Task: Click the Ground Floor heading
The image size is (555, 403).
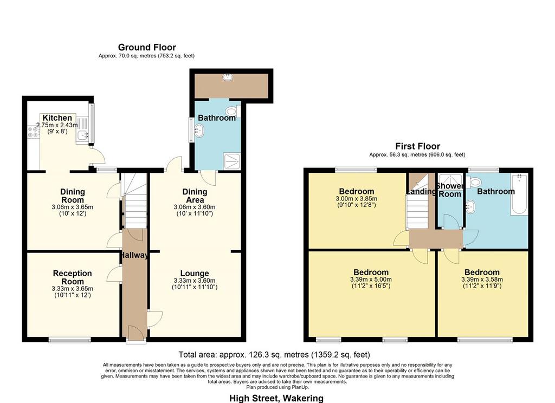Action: coord(147,47)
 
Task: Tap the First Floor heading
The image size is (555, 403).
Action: coord(418,146)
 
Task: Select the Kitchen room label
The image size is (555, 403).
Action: coord(57,118)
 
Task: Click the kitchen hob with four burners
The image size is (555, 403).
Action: coord(33,132)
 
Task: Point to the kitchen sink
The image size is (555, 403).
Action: coord(83,134)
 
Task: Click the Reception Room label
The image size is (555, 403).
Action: coord(73,277)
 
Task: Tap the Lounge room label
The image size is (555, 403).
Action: coord(195,273)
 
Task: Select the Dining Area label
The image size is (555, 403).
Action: coord(195,196)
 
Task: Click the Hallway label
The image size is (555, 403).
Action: coord(134,255)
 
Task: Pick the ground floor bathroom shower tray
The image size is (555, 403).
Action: coord(232,161)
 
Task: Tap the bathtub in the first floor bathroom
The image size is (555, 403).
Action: coord(519,194)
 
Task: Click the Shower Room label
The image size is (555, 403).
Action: coord(450,190)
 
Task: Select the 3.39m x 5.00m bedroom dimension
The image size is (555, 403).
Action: coord(371,279)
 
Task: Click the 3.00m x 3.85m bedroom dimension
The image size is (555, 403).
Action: coord(357,198)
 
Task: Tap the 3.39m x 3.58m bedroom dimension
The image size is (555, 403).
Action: coord(482,279)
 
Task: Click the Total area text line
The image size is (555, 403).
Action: coord(274,355)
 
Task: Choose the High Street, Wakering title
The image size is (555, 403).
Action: coord(276,399)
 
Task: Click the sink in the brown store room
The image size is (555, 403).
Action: coord(228,77)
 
